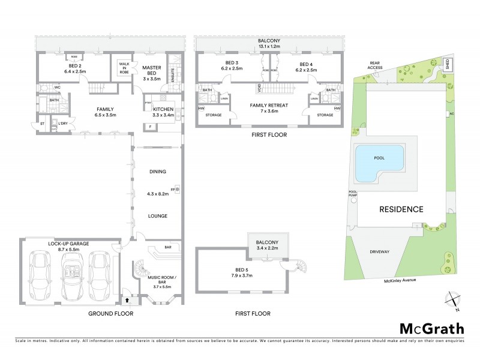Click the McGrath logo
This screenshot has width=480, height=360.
[431, 328]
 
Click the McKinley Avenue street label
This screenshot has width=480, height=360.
[401, 280]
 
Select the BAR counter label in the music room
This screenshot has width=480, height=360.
[168, 247]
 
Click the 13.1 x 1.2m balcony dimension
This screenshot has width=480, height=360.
[270, 46]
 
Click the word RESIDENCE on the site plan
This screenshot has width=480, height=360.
[401, 209]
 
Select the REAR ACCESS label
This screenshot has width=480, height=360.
[375, 65]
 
